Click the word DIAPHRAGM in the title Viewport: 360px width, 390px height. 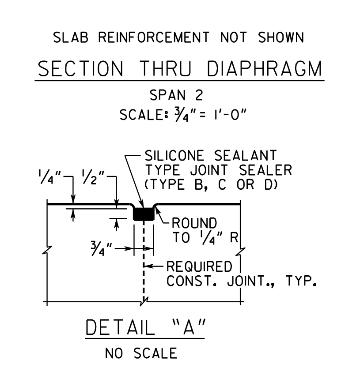265,69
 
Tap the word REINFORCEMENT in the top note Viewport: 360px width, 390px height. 154,37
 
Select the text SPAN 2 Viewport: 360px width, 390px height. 176,95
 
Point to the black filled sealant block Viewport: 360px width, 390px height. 144,214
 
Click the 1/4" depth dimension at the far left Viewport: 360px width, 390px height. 49,176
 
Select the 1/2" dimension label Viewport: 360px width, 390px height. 93,177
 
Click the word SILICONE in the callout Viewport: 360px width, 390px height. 174,156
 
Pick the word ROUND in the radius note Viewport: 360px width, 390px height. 194,223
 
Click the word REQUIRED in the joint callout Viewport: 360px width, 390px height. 199,266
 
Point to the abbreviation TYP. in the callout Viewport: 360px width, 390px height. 301,281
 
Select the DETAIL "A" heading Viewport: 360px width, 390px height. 145,327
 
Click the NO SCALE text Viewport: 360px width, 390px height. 141,353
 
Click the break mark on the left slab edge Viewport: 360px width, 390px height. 47,250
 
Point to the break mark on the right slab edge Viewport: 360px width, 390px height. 240,251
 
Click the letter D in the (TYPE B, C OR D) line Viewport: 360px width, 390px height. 270,185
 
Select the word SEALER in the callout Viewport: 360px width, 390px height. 265,170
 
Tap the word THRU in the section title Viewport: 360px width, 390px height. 166,69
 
